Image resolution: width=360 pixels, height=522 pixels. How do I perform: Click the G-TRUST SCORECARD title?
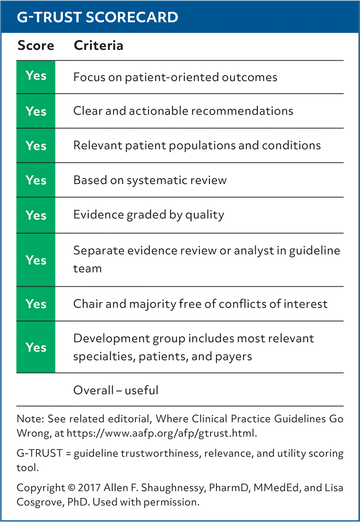point(97,17)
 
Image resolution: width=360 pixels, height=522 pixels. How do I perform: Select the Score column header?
point(36,45)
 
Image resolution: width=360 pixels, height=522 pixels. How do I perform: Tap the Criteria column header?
point(98,45)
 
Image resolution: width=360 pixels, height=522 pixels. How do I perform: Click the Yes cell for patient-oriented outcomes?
point(36,77)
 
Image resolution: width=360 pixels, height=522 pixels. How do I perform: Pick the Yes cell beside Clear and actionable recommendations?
point(36,111)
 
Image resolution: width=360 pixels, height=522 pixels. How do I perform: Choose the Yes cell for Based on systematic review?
point(36,180)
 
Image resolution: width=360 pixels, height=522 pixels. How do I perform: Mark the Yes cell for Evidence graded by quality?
point(36,215)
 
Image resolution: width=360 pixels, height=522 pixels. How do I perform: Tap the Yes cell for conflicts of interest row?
point(36,304)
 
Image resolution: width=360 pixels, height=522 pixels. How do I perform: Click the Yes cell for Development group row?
point(36,347)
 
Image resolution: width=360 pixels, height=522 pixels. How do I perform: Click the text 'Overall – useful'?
point(116,390)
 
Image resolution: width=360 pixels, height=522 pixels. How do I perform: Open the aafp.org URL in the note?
point(162,433)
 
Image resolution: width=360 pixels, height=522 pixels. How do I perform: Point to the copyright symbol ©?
point(71,488)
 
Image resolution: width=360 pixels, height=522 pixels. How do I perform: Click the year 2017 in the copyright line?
point(89,488)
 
